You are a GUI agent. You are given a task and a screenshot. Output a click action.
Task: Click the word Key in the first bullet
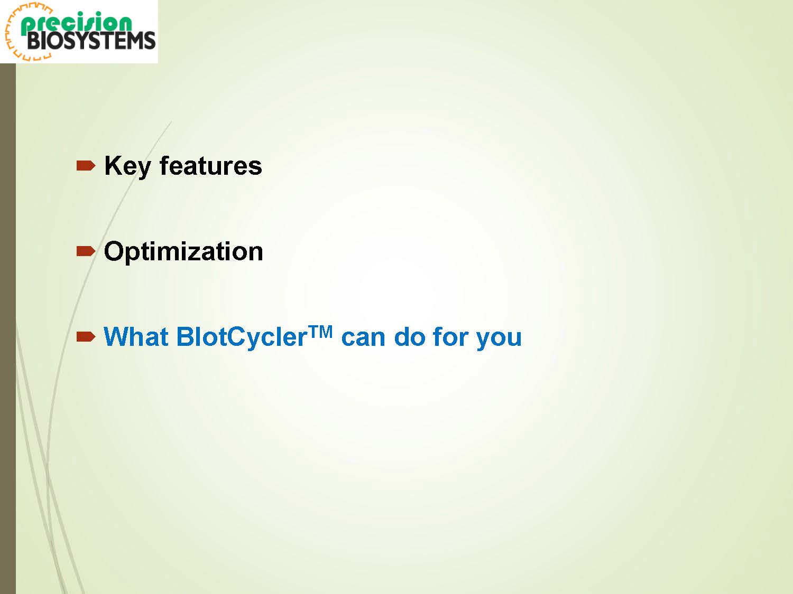127,167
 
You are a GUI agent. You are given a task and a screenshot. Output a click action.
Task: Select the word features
210,166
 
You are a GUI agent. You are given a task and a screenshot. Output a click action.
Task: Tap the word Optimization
183,251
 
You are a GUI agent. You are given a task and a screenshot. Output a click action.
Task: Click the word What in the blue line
136,337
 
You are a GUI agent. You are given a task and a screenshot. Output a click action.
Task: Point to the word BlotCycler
241,337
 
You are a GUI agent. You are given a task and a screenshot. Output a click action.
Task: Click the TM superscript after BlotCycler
320,332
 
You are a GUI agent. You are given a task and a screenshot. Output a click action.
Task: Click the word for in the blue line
450,337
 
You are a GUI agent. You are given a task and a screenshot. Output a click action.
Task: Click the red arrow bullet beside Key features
86,166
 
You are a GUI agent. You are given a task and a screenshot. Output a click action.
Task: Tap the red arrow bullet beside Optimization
86,251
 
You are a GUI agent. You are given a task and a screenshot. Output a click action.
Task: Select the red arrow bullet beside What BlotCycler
86,337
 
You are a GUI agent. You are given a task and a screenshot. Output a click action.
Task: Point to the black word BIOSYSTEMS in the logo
91,41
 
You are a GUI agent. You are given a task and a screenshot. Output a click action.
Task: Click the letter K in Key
113,166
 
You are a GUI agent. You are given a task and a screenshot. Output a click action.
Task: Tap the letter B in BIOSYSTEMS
34,41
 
